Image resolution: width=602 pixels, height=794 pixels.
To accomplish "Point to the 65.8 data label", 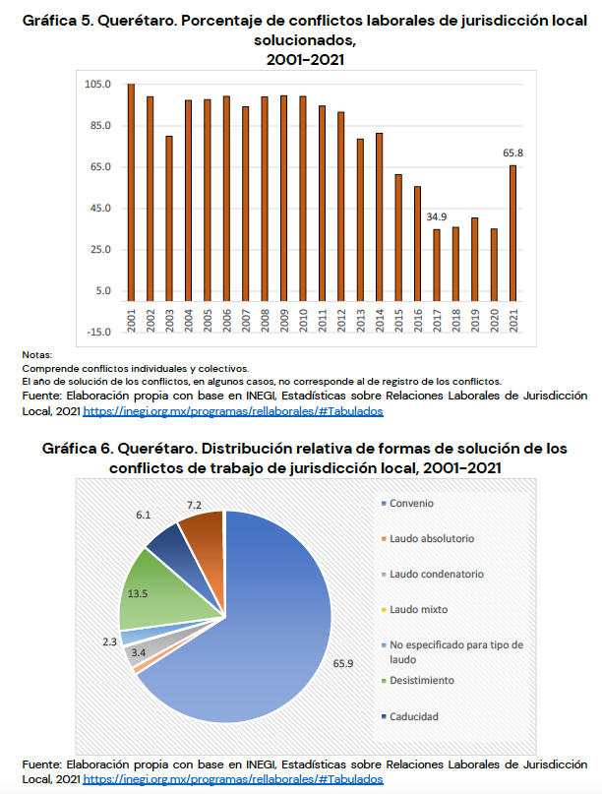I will [512, 153].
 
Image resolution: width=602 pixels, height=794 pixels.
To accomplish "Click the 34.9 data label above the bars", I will [437, 216].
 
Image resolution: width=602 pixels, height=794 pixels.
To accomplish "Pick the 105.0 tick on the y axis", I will [97, 85].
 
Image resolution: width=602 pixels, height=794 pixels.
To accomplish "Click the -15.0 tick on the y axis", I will [97, 333].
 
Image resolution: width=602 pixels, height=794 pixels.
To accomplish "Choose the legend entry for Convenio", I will [411, 504].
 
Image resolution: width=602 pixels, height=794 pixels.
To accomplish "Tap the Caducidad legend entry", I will [414, 715].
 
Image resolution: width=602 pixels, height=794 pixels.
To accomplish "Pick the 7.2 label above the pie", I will [194, 506].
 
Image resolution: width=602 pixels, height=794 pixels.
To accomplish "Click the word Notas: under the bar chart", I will [36, 355].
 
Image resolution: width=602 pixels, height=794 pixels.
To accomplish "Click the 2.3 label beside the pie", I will [109, 641].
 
